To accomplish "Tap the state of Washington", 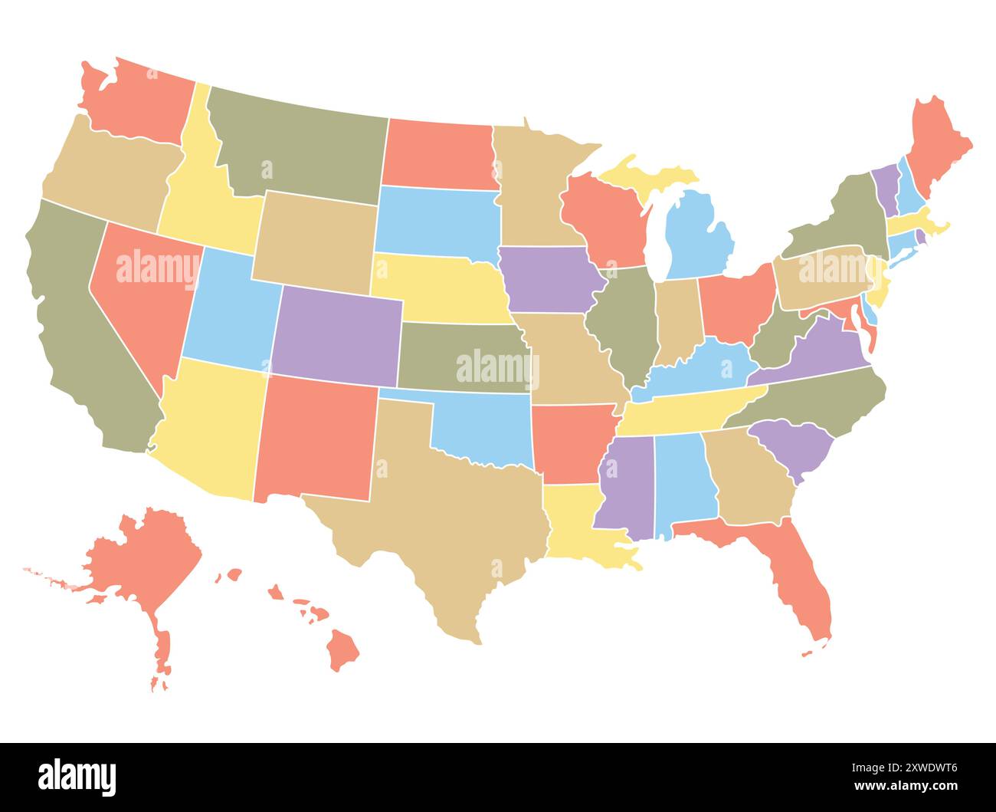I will [138, 104].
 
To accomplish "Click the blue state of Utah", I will [230, 311].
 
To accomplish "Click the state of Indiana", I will [678, 318].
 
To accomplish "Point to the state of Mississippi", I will [624, 483].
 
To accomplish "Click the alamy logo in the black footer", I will [77, 777].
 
